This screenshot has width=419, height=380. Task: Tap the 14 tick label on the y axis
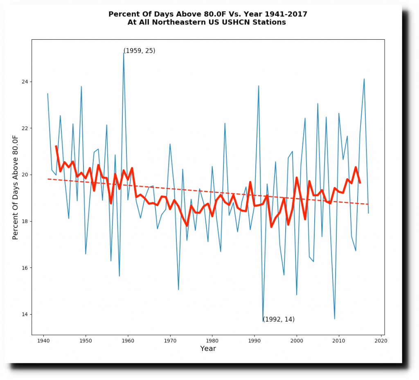25,315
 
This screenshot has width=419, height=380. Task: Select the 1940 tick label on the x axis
43,340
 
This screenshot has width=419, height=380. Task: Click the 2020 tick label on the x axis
381,340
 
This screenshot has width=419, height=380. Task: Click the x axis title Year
208,349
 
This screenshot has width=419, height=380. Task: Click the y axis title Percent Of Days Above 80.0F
16,187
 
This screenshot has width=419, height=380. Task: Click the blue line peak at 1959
124,52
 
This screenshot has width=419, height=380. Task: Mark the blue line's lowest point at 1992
263,321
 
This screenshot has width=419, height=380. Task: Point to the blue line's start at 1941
47,94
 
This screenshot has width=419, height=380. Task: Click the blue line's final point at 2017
368,213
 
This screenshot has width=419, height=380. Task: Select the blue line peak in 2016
364,79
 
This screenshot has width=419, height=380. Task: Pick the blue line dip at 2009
335,319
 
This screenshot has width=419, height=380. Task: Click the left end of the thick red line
56,146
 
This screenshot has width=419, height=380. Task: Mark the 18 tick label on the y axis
25,221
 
